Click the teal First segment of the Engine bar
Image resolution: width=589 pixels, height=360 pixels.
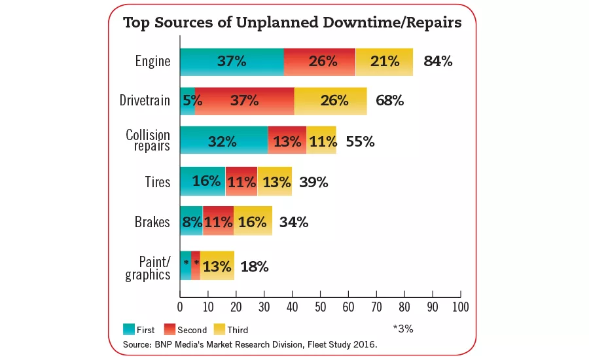(232, 62)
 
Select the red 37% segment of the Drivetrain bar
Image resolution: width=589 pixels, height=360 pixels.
(244, 101)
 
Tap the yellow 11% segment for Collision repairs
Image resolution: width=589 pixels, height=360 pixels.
(321, 141)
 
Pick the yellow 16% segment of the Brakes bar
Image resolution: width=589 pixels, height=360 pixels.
(253, 221)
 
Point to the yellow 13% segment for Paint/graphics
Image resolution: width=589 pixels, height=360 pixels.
(217, 266)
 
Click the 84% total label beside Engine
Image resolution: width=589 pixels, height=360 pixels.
(438, 62)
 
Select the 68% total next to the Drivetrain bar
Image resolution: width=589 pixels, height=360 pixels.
(390, 101)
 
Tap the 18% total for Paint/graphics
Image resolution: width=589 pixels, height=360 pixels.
(255, 266)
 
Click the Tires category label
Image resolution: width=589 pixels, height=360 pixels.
(158, 181)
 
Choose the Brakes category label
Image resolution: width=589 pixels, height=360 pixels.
(153, 221)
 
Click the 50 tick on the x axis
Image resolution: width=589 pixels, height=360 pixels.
(321, 306)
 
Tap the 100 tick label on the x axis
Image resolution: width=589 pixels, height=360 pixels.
(461, 306)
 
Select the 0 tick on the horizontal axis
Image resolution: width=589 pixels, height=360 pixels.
(180, 306)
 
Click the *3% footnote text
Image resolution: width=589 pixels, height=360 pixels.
(403, 329)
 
